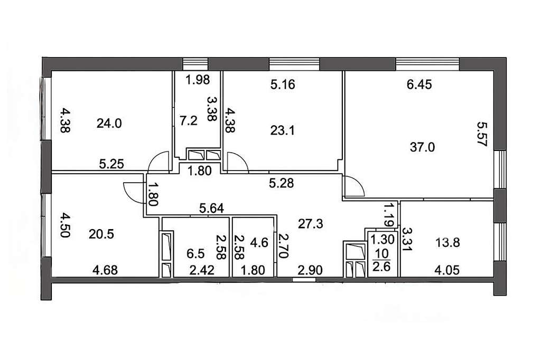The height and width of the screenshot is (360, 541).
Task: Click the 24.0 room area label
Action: point(109,123)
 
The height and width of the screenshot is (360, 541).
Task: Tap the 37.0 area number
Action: point(422,147)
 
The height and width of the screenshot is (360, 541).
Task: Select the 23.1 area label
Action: point(282,131)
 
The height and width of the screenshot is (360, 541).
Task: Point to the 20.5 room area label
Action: point(101,234)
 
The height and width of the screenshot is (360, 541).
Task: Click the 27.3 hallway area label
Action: point(311,224)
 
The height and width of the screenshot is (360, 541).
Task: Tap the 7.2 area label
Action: point(189,121)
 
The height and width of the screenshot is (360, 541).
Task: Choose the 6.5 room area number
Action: point(195,254)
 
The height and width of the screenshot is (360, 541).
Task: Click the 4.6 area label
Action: point(259,242)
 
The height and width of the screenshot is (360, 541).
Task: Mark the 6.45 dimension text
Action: point(419,84)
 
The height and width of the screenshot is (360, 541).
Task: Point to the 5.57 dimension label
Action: point(482,134)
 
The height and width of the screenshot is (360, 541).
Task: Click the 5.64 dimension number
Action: point(211,208)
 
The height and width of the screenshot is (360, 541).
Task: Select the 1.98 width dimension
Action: point(198,80)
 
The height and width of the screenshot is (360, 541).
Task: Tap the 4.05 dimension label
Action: point(447,270)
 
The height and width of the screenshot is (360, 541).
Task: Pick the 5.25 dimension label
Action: point(111,164)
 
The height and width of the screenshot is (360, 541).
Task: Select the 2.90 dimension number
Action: point(310,270)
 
